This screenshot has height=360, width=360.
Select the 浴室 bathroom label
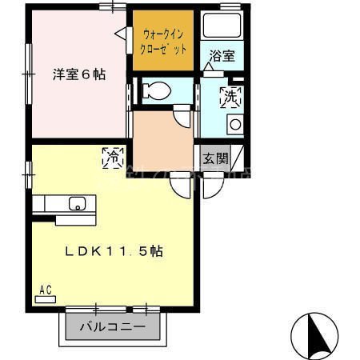[x=222, y=55]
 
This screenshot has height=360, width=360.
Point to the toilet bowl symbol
[x=155, y=91]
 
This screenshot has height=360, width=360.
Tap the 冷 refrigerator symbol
[x=111, y=158]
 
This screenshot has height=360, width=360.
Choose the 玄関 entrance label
[x=214, y=158]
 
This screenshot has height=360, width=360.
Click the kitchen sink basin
[x=78, y=203]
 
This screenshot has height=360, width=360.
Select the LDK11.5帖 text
[x=114, y=251]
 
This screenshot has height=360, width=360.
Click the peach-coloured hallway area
[x=160, y=136]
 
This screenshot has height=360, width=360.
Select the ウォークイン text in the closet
[x=163, y=34]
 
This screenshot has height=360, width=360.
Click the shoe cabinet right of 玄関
[x=238, y=158]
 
